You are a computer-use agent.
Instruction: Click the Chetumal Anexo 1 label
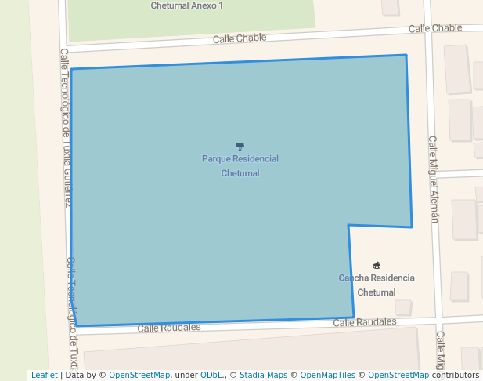pos(187,5)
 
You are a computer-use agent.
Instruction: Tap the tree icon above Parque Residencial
pos(240,147)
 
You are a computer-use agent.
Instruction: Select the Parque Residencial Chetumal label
pos(240,165)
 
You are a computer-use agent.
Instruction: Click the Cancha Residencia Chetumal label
pos(377,285)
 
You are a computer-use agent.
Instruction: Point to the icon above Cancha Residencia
pos(377,266)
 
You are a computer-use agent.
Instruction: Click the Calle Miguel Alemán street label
pos(433,180)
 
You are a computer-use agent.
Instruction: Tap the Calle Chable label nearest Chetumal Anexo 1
pos(240,38)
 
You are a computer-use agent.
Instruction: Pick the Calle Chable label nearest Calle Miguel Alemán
pos(435,28)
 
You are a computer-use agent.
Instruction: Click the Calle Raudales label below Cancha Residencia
pos(365,322)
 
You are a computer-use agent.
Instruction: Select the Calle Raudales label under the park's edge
pos(169,328)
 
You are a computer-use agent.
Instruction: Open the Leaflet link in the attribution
pos(44,375)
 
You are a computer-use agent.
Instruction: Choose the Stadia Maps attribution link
pos(264,375)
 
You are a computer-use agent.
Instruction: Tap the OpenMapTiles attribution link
pos(325,375)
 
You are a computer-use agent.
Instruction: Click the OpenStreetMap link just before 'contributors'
pos(398,375)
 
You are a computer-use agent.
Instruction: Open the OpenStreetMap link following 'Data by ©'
pos(139,375)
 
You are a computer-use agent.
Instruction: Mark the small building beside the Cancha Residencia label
pos(403,307)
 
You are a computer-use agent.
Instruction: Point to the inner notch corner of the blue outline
pos(349,226)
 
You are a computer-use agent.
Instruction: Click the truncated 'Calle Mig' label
pos(441,350)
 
